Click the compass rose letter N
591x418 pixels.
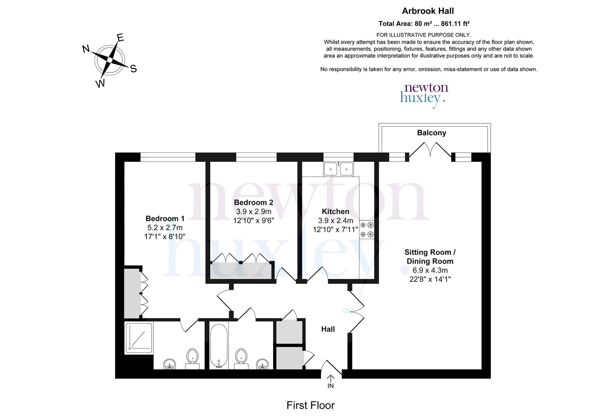point(86,49)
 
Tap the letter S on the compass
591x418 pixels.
point(133,69)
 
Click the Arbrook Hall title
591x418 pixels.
point(428,11)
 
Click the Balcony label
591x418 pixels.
point(431,133)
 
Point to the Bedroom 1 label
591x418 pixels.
point(165,219)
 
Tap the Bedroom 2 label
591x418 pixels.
point(253,202)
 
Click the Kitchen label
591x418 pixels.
point(335,211)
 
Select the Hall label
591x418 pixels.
point(328,329)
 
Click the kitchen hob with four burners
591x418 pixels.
point(366,229)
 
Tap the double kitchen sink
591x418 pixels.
point(338,169)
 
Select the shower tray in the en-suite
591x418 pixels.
point(139,338)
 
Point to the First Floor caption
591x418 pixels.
point(310,405)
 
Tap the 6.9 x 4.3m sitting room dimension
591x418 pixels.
point(430,270)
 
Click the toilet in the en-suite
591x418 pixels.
point(192,358)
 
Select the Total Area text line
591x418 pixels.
point(424,23)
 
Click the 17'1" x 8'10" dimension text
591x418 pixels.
point(165,236)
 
